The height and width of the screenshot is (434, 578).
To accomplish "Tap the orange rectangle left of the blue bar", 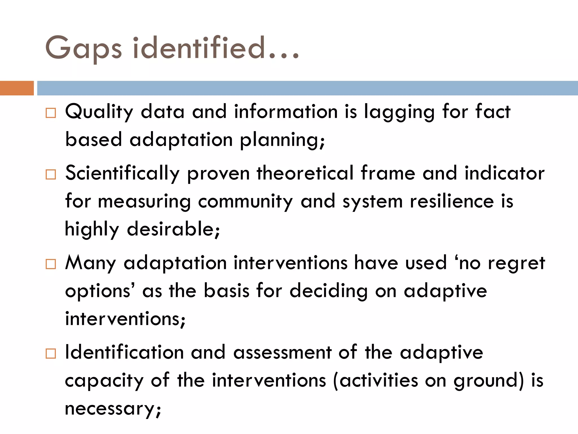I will pos(17,88).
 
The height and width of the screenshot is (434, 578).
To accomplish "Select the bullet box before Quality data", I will pos(51,113).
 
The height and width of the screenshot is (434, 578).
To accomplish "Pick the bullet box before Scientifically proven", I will pos(51,175).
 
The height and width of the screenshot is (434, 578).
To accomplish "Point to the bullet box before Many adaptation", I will pos(51,264).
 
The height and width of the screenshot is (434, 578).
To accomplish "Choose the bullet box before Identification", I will pos(51,353).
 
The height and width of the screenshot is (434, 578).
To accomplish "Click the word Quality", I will pos(99,112).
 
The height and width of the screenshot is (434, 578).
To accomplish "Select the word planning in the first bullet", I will pos(281,140).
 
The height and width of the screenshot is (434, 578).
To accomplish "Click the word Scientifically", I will pos(122,173).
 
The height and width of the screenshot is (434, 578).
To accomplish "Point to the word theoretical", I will pos(305,173).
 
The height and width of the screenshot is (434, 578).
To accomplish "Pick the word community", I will pos(246,202).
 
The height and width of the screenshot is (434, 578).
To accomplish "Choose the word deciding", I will pos(329,291).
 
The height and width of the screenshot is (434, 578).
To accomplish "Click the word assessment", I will pos(283,353).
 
